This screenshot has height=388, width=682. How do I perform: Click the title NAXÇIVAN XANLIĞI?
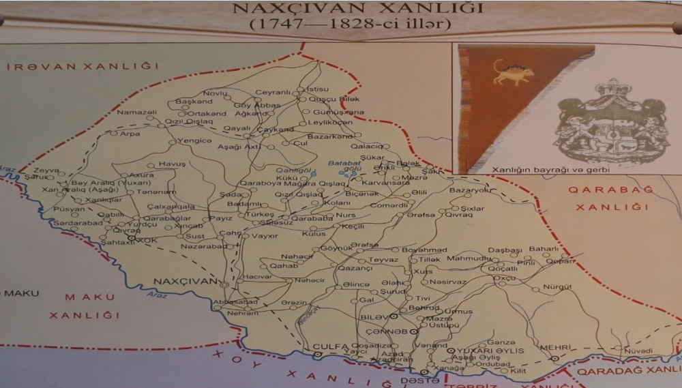pyautogui.click(x=358, y=9)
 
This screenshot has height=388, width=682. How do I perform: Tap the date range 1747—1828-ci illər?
pyautogui.click(x=351, y=25)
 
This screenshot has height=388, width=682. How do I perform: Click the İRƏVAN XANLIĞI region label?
pyautogui.click(x=83, y=66)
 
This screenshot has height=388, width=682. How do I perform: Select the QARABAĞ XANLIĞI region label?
pyautogui.click(x=610, y=198)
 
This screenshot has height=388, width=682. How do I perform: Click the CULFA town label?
pyautogui.click(x=331, y=346)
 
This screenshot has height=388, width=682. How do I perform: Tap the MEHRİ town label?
pyautogui.click(x=554, y=347)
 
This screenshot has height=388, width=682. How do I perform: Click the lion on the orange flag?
pyautogui.click(x=512, y=72)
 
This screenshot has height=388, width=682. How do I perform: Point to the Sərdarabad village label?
pyautogui.click(x=78, y=223)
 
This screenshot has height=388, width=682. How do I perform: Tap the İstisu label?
pyautogui.click(x=317, y=89)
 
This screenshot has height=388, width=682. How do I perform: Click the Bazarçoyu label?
pyautogui.click(x=469, y=190)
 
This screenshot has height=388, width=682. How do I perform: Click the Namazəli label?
pyautogui.click(x=136, y=112)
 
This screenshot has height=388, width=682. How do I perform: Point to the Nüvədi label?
pyautogui.click(x=638, y=350)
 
